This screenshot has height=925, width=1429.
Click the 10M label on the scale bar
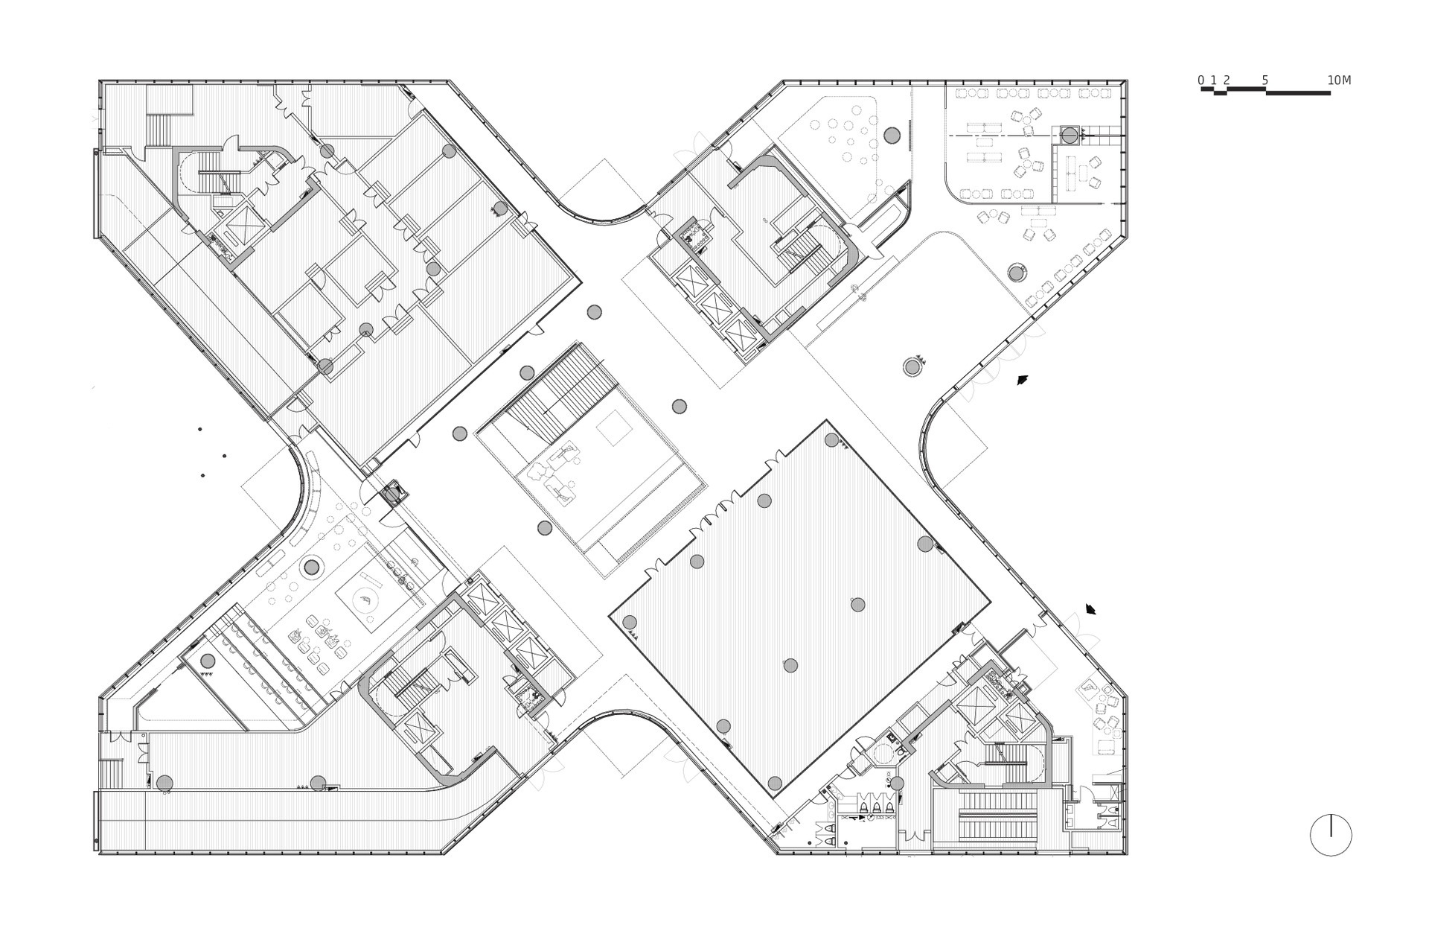[1338, 80]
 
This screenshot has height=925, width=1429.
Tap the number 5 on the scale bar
[1265, 80]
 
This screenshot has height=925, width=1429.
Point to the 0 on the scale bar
[1201, 80]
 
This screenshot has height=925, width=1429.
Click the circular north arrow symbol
[1330, 835]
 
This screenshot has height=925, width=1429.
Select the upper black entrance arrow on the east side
[1023, 380]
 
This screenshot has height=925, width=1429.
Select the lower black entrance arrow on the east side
[1091, 609]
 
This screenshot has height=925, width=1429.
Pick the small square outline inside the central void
[614, 430]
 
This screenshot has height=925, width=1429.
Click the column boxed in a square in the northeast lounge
[1069, 136]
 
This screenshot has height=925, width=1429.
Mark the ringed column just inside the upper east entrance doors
[912, 366]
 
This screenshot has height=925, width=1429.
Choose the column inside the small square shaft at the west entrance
[391, 494]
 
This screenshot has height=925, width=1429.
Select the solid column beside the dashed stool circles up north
[892, 135]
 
